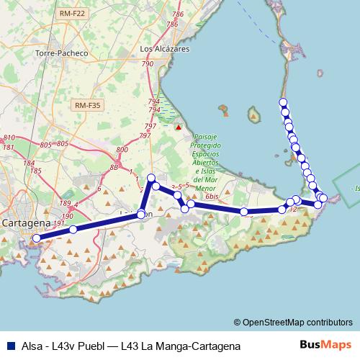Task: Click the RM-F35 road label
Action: coord(88,105)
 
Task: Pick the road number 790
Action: coord(148,64)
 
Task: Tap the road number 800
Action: coord(122,150)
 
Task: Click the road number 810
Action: coord(9,137)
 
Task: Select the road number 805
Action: coord(46,145)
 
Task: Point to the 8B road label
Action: coord(114,167)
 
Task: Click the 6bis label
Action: coord(212,196)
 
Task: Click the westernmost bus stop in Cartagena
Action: coord(37,238)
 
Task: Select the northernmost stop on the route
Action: coord(284,102)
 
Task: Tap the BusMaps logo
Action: coord(325,345)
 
